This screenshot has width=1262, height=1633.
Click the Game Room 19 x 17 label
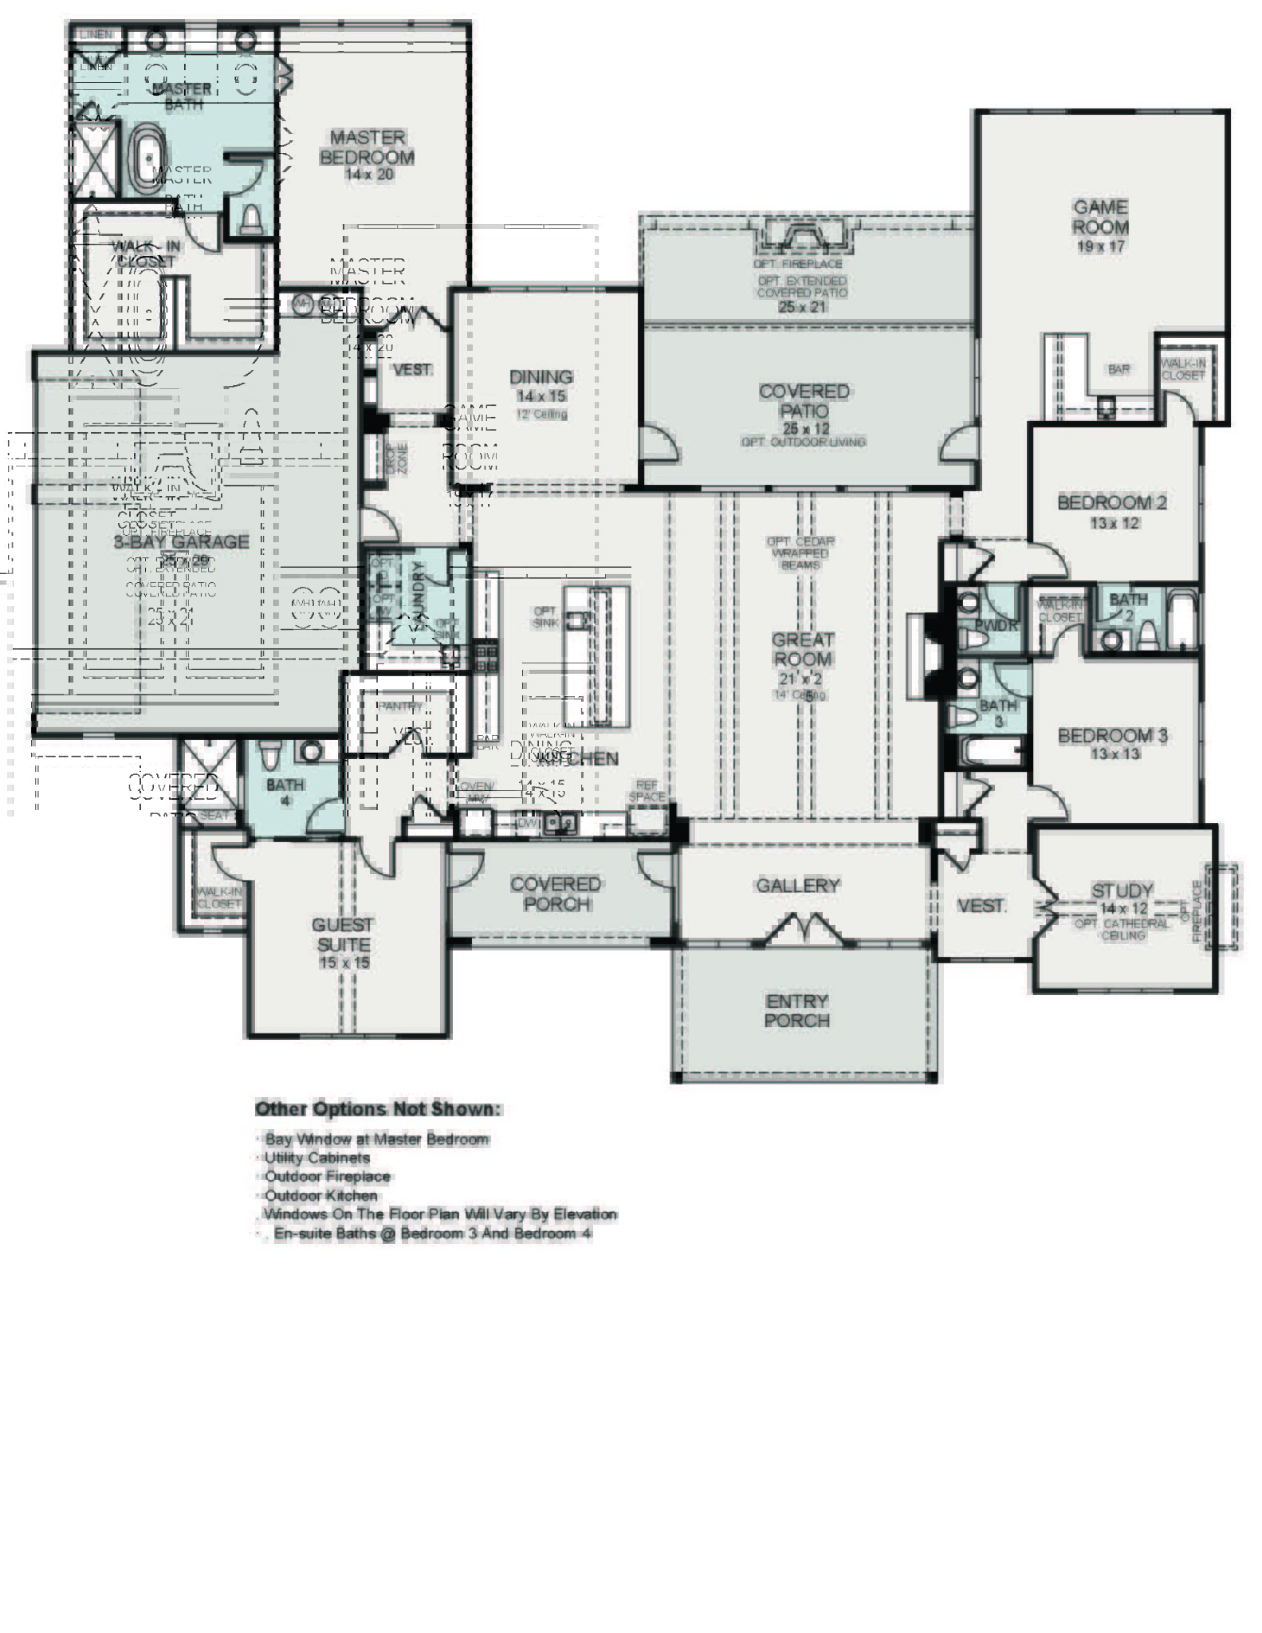pyautogui.click(x=1100, y=226)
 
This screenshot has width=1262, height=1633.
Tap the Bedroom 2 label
pyautogui.click(x=1111, y=503)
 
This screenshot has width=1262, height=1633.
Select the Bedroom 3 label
pyautogui.click(x=1112, y=736)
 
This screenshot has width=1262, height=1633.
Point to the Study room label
pyautogui.click(x=1122, y=891)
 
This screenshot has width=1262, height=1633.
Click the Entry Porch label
pyautogui.click(x=796, y=1010)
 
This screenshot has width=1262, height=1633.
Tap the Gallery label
pyautogui.click(x=797, y=885)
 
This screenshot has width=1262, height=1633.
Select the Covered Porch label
pyautogui.click(x=556, y=894)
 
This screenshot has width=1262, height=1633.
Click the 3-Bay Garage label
pyautogui.click(x=181, y=541)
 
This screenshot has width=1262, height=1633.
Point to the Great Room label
pyautogui.click(x=802, y=649)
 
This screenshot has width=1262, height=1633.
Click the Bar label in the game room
pyautogui.click(x=1118, y=370)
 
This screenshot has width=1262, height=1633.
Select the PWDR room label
pyautogui.click(x=997, y=625)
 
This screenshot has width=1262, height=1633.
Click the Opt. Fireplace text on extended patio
pyautogui.click(x=797, y=264)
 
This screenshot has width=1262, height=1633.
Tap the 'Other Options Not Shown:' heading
pyautogui.click(x=378, y=1109)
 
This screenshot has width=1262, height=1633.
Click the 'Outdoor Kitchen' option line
pyautogui.click(x=320, y=1195)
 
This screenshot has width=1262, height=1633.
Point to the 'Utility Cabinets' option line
pyautogui.click(x=316, y=1158)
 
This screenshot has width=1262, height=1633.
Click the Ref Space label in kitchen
pyautogui.click(x=646, y=791)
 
